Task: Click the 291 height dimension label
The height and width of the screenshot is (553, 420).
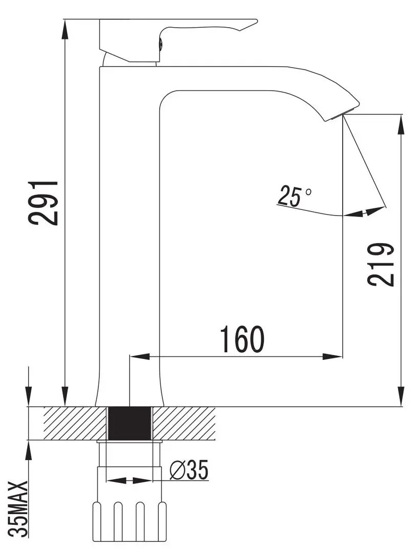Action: [x=43, y=203]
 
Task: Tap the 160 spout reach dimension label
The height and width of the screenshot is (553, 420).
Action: [x=242, y=339]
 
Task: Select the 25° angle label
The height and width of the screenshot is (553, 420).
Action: [x=294, y=196]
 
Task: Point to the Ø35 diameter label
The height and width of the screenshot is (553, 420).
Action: [x=189, y=470]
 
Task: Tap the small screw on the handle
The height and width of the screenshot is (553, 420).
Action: [x=160, y=44]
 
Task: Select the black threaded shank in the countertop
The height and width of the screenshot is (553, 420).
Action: [x=130, y=423]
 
